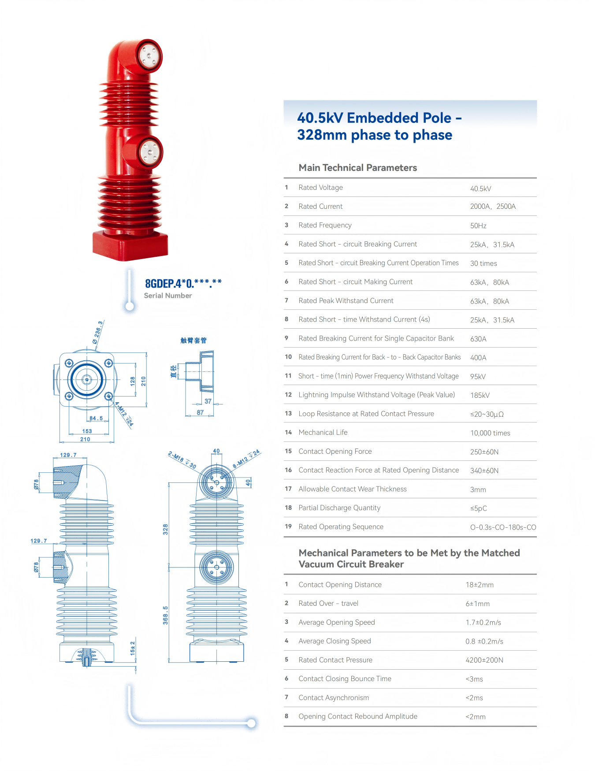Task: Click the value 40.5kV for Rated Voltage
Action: [x=480, y=189]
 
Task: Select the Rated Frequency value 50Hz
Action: [x=478, y=226]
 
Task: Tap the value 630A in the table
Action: [x=478, y=339]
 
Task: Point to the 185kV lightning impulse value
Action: [x=480, y=395]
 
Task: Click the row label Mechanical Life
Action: [x=323, y=433]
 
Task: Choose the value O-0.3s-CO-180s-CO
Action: [x=503, y=527]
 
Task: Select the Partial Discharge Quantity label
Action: [x=339, y=508]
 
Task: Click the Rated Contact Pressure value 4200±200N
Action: [x=484, y=660]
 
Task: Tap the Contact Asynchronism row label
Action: [x=334, y=698]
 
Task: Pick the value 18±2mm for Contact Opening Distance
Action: [x=480, y=585]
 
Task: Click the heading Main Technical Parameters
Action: [x=357, y=168]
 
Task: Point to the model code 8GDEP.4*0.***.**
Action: [x=183, y=283]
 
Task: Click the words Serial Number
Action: [x=168, y=296]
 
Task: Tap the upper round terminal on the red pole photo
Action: [x=148, y=56]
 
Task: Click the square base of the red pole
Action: [x=130, y=246]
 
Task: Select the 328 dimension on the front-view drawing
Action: [x=165, y=529]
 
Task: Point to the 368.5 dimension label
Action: [x=165, y=615]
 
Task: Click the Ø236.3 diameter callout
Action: [x=98, y=332]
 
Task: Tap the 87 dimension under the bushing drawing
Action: [x=200, y=412]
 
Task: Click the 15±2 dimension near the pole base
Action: [x=133, y=648]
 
